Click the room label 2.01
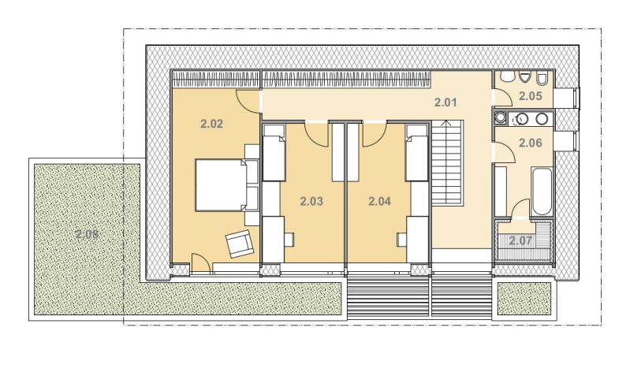[x=445, y=102]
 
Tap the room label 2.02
[x=211, y=124]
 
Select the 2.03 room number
[x=311, y=201]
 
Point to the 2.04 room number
[x=380, y=201]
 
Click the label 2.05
[x=531, y=96]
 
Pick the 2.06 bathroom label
[x=531, y=143]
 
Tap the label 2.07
[x=520, y=241]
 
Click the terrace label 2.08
[x=87, y=234]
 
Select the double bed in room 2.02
[x=221, y=185]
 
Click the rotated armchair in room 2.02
[x=240, y=244]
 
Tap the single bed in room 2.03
[x=274, y=153]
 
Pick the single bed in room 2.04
[x=416, y=153]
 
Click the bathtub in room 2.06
[x=542, y=192]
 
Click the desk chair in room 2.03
[x=289, y=240]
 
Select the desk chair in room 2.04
[x=402, y=240]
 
